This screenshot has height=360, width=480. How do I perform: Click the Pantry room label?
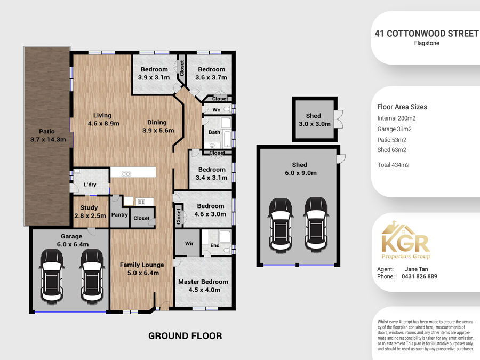[x=119, y=214]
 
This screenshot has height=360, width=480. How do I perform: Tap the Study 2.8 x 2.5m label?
[x=90, y=212]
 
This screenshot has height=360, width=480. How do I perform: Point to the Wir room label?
[x=189, y=243]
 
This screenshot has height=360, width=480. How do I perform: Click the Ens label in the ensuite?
[x=215, y=245]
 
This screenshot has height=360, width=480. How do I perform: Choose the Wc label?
[x=217, y=109]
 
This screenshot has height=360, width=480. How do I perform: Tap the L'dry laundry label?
[x=90, y=185]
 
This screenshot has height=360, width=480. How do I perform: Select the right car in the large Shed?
[x=316, y=225]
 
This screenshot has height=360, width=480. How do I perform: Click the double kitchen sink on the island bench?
[x=126, y=174]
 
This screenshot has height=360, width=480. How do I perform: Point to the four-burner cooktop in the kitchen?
[x=141, y=202]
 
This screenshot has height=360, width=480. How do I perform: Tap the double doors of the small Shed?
[x=339, y=119]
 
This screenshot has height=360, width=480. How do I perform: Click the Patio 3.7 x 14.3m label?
[x=48, y=135]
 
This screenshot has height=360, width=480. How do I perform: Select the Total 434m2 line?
[x=394, y=165]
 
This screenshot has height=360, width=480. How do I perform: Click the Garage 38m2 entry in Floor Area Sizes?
[x=394, y=129]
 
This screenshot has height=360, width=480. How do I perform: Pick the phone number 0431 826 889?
[x=419, y=276]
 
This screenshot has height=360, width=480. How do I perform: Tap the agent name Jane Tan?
[x=417, y=269]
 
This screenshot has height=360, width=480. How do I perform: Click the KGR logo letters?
[x=406, y=243]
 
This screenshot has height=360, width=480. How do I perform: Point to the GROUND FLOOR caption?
[x=185, y=336]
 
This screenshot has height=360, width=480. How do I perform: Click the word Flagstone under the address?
[x=427, y=43]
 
